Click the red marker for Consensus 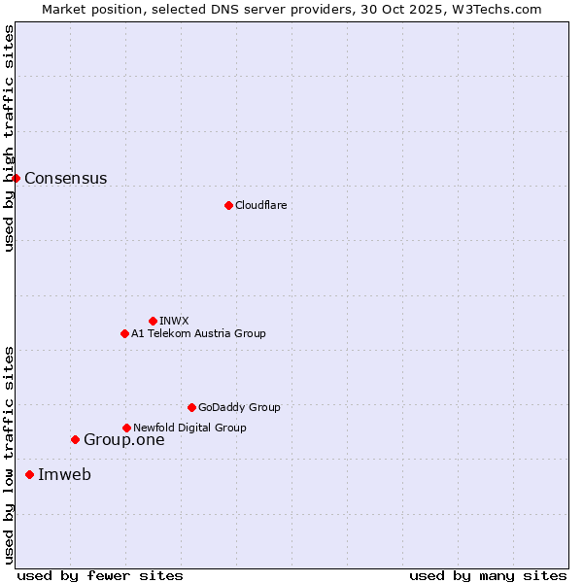coord(16,178)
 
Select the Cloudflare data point coord(228,205)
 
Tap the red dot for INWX coord(153,321)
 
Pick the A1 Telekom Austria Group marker coord(124,333)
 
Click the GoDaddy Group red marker coord(191,407)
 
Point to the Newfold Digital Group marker coord(126,428)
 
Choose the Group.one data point coord(75,439)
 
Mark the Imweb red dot coord(29,474)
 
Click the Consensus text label coord(65,178)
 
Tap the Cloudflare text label coord(260,205)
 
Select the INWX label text coord(174,321)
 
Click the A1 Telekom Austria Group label coord(198,333)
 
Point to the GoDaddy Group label coord(239,407)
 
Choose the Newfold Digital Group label coord(189,428)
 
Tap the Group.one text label coord(123,439)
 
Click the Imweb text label coord(64,474)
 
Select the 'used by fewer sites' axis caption coord(100,575)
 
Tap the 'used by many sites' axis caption coord(488,575)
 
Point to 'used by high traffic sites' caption coord(9,138)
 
